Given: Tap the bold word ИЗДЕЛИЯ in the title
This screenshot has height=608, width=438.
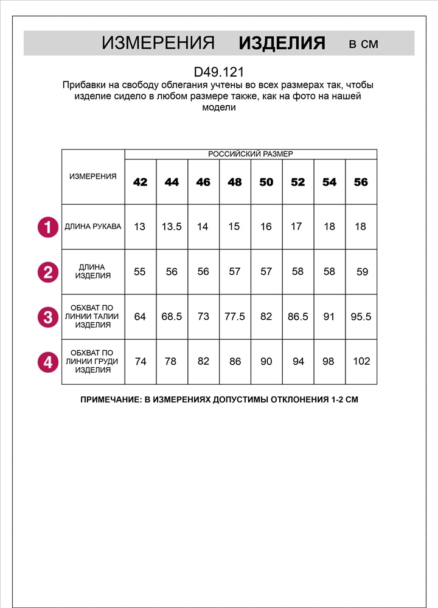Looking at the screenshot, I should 282,43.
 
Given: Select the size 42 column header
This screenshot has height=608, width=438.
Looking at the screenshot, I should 140,182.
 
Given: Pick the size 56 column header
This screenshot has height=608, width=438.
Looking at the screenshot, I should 361,182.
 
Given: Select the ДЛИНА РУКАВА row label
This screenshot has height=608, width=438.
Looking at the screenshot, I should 93,227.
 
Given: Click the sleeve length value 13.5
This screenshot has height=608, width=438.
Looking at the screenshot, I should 172,227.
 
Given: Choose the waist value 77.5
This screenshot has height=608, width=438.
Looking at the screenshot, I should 234,317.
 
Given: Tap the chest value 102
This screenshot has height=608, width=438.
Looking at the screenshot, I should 361,361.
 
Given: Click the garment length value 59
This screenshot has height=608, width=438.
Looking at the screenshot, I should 362,272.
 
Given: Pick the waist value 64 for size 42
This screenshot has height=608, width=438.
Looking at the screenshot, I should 140,317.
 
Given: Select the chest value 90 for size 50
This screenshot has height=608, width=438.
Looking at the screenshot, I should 266,361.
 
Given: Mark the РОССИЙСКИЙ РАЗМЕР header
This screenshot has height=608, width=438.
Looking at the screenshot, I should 251,154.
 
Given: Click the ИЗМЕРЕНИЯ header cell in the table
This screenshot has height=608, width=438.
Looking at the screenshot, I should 93,176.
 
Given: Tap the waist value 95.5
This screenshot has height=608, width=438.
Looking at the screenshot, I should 361,317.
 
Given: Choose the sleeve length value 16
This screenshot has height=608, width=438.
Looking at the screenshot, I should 266,227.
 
